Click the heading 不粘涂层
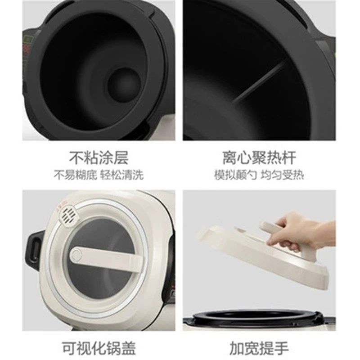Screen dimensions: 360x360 click(99, 157)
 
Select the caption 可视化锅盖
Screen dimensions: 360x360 click(99, 347)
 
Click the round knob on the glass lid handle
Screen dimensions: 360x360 click(76, 255)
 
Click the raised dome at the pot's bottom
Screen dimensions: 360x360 click(121, 83)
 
